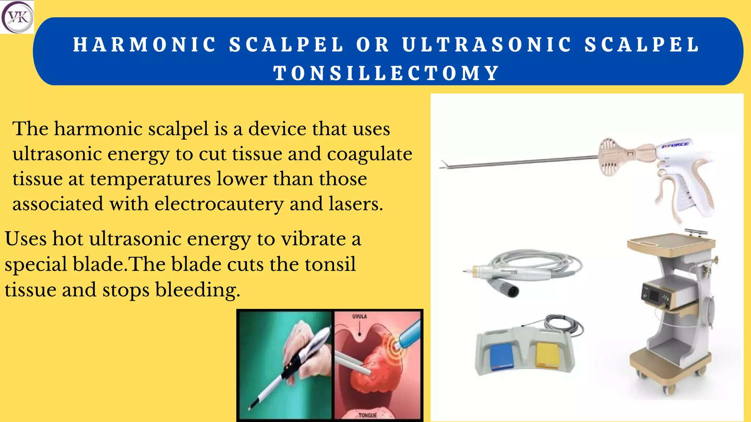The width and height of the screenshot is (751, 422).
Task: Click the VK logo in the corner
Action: tap(17, 17)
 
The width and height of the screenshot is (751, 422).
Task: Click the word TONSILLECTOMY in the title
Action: tap(387, 73)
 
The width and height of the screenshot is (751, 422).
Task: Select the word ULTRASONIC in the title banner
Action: tap(487, 45)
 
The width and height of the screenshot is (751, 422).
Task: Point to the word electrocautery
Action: tap(219, 204)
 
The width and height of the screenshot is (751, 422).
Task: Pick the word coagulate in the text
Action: tap(370, 154)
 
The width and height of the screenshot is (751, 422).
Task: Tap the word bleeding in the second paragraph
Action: tap(198, 290)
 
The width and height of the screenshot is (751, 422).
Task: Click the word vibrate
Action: tap(314, 239)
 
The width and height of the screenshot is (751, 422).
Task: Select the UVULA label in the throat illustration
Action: tap(359, 316)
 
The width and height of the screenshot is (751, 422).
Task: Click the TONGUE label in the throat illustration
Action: tap(367, 415)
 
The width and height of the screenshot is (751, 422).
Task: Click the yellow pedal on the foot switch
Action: tap(549, 355)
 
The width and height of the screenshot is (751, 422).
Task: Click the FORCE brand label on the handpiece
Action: tap(675, 145)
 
